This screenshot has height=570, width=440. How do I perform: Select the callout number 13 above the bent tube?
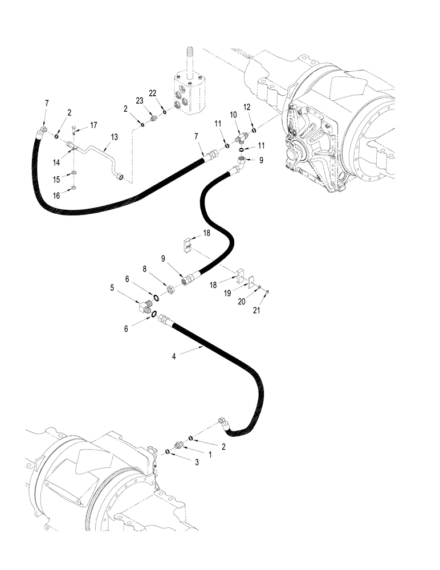(x=114, y=137)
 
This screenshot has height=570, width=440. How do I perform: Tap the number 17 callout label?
(x=94, y=125)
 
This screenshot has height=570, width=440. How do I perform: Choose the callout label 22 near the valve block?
(x=153, y=93)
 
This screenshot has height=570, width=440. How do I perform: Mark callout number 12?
(x=247, y=107)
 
